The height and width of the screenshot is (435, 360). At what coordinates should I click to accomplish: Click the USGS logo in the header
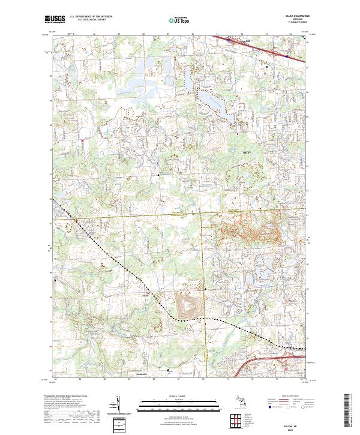click(55, 20)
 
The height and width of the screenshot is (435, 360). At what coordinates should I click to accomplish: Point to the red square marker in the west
click(82, 142)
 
